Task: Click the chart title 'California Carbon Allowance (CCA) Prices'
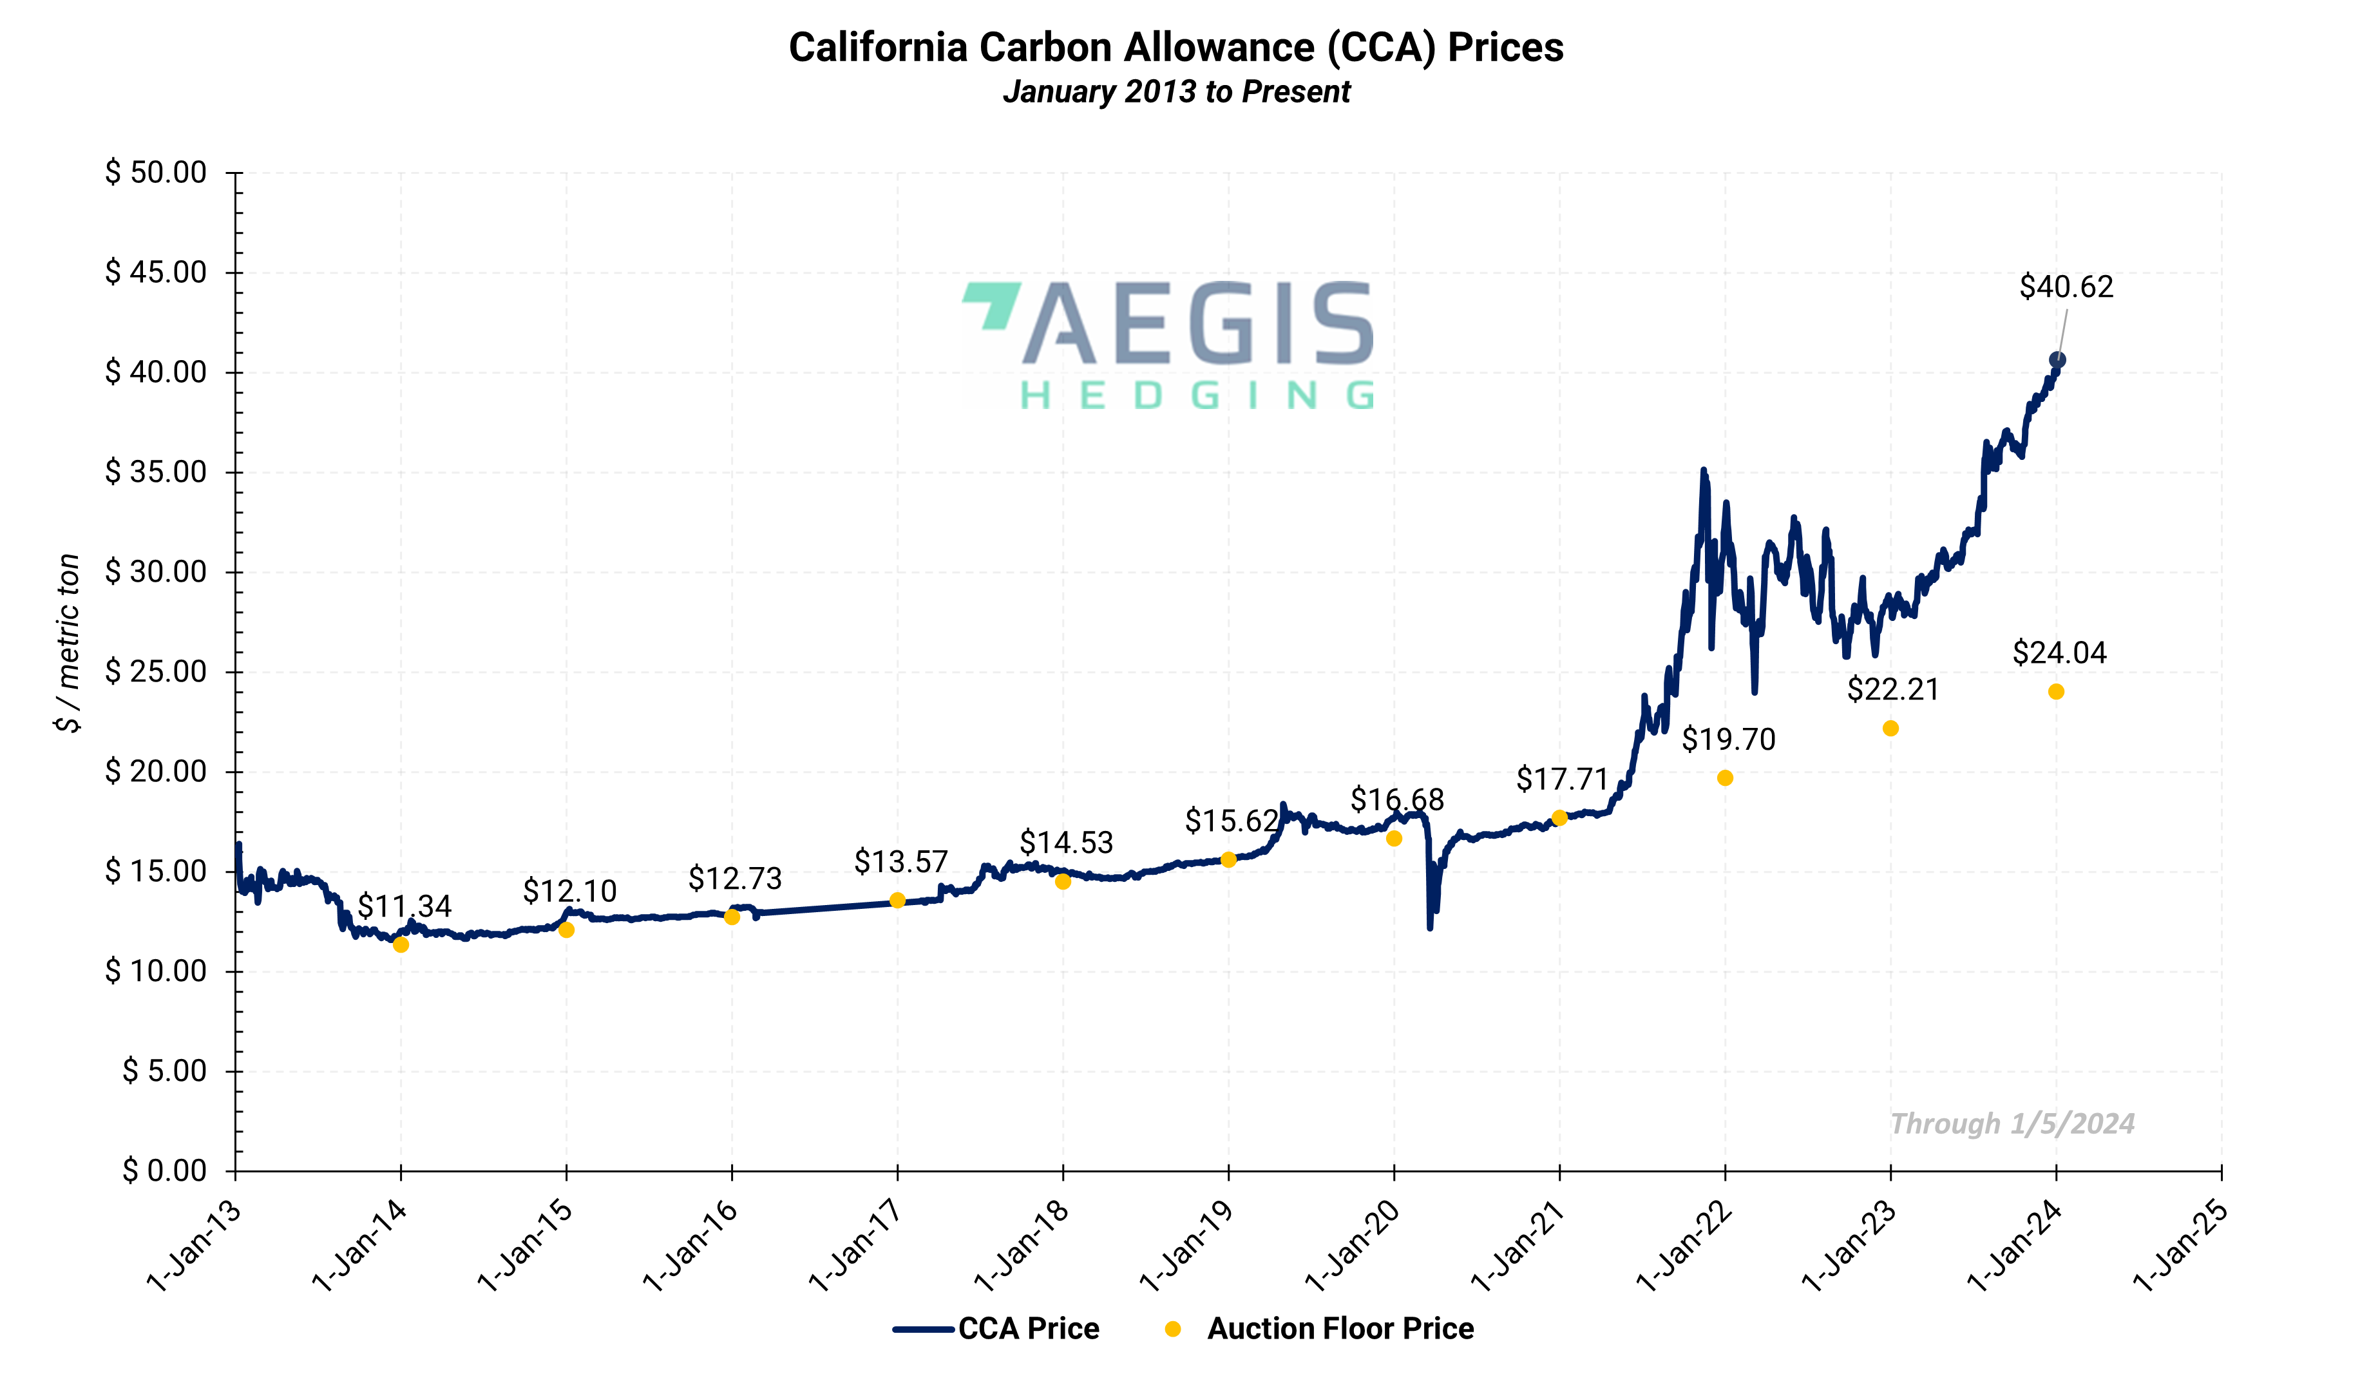click(1175, 48)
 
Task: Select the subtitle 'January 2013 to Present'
click(1175, 91)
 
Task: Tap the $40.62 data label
click(2065, 287)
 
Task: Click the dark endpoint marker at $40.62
click(2057, 359)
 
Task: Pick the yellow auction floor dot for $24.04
click(2055, 692)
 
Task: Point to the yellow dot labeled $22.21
click(1890, 729)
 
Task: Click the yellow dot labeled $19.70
click(1725, 778)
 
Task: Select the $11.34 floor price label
click(404, 906)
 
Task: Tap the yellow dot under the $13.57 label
click(897, 900)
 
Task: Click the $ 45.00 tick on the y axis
click(155, 272)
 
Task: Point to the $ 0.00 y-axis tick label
click(165, 1170)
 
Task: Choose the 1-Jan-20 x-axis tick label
click(1353, 1246)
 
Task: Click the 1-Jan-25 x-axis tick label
click(2180, 1246)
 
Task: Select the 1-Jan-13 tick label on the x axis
click(195, 1246)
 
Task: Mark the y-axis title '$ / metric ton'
click(68, 642)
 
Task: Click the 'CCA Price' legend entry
click(1028, 1329)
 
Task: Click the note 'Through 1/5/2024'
click(2012, 1124)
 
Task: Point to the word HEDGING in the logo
click(1196, 396)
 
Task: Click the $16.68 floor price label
click(1396, 801)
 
